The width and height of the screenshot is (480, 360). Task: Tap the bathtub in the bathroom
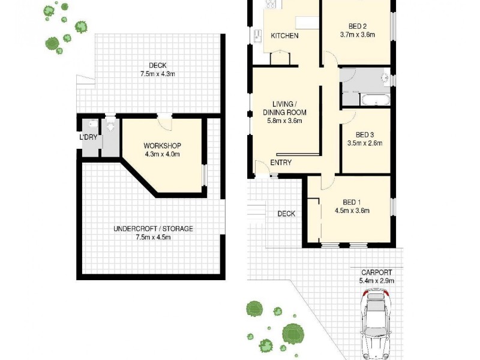pos(374,98)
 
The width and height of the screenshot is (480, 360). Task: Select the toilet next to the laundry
pos(110,126)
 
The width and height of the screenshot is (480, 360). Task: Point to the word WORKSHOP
pos(162,146)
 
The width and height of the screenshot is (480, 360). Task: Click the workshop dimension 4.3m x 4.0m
pos(162,154)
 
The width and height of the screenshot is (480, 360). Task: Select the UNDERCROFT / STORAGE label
pos(154,229)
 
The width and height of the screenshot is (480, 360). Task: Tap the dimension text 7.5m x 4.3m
pos(154,74)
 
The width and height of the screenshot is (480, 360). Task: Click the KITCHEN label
pos(284,36)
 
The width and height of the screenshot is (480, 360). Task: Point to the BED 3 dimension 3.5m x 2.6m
pos(365,143)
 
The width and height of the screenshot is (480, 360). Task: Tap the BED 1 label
pos(352,202)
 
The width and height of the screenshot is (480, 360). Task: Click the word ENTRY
pos(281,163)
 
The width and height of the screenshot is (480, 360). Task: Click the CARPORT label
pos(377,272)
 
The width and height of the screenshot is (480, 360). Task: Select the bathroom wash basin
pos(385,77)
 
